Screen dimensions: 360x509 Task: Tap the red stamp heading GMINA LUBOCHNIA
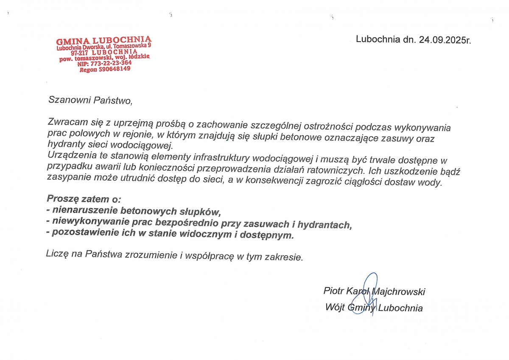(103, 40)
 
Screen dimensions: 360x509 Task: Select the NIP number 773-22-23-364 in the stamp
(112, 63)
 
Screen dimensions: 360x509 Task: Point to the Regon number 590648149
(114, 69)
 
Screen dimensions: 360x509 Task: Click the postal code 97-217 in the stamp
(79, 53)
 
